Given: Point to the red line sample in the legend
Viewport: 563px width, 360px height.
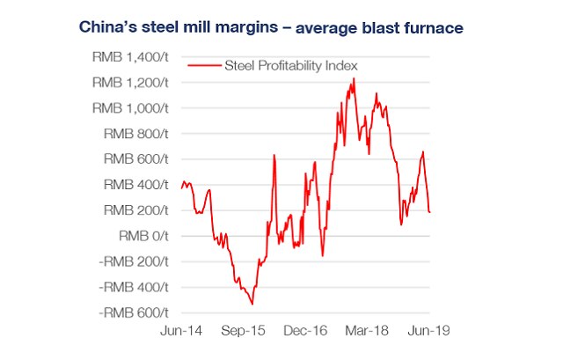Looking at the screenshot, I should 204,65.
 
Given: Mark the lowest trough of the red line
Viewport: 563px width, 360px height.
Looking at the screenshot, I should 252,304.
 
